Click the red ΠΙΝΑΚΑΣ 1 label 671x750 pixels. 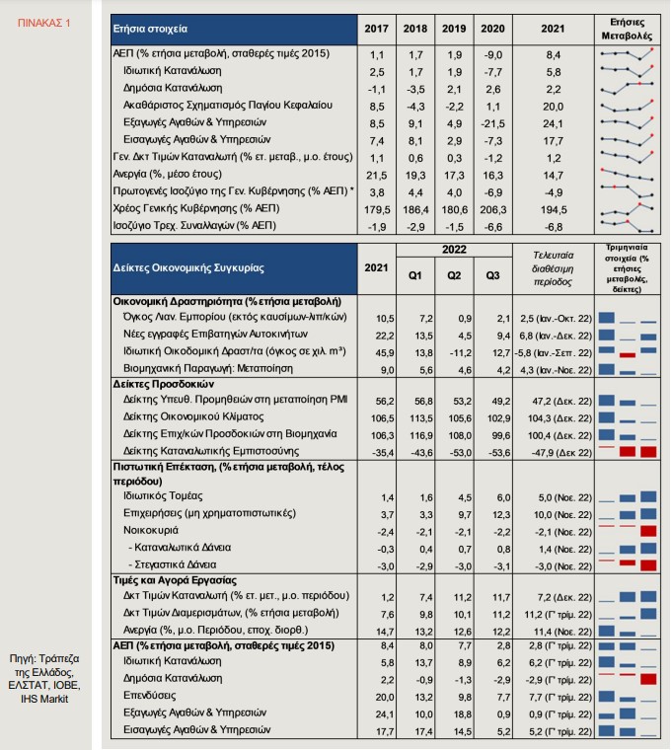(x=44, y=23)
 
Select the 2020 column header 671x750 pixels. (x=492, y=29)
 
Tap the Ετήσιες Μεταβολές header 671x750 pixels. (x=627, y=30)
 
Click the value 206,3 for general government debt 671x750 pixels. (x=492, y=209)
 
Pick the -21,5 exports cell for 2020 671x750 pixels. (x=492, y=123)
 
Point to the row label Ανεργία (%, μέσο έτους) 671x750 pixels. (x=168, y=174)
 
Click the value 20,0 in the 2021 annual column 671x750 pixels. (x=553, y=107)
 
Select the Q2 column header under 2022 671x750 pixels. (x=454, y=275)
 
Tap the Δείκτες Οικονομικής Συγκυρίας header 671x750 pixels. (x=188, y=267)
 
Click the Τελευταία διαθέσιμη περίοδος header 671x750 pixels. (x=553, y=268)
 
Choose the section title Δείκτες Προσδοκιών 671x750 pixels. (x=164, y=384)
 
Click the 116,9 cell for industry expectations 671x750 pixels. (x=421, y=435)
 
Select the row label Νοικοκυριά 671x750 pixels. (x=151, y=531)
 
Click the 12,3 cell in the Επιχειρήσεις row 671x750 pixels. (x=501, y=515)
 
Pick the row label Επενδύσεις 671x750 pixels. (x=149, y=696)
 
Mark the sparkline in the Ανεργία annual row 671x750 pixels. (x=627, y=175)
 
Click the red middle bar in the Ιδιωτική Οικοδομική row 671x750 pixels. (x=627, y=355)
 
